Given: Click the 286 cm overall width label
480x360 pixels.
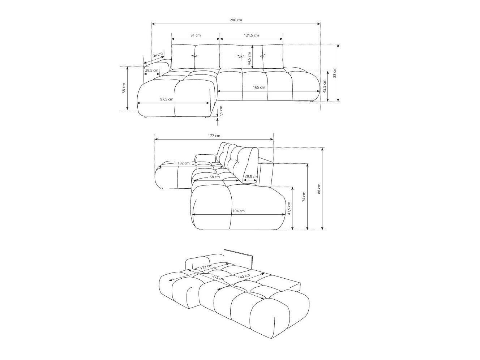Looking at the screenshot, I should pyautogui.click(x=236, y=20).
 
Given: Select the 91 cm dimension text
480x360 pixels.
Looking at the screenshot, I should pyautogui.click(x=195, y=35).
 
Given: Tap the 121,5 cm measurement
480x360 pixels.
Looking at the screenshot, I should pyautogui.click(x=251, y=35).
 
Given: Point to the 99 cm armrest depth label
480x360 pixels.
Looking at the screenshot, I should pyautogui.click(x=157, y=55).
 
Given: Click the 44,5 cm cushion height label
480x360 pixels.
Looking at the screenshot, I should pyautogui.click(x=249, y=58).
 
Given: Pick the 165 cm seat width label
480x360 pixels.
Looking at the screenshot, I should pyautogui.click(x=259, y=87).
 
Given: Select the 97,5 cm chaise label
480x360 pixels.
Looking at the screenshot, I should pyautogui.click(x=167, y=99).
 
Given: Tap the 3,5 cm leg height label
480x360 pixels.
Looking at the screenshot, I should pyautogui.click(x=221, y=111).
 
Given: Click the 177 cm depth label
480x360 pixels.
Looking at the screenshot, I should pyautogui.click(x=214, y=136).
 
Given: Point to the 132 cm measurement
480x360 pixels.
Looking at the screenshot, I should pyautogui.click(x=184, y=163).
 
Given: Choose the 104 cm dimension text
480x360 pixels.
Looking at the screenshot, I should pyautogui.click(x=239, y=211).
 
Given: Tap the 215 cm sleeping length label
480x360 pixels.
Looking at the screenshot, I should pyautogui.click(x=218, y=278).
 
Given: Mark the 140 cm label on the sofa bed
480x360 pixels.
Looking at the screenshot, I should pyautogui.click(x=244, y=276).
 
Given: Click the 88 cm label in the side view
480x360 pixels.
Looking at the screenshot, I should pyautogui.click(x=319, y=189).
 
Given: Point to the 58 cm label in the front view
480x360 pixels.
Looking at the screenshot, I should pyautogui.click(x=124, y=88).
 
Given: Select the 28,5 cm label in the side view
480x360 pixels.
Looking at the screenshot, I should pyautogui.click(x=251, y=177).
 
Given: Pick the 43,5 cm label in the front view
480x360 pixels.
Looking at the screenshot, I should pyautogui.click(x=324, y=86).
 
